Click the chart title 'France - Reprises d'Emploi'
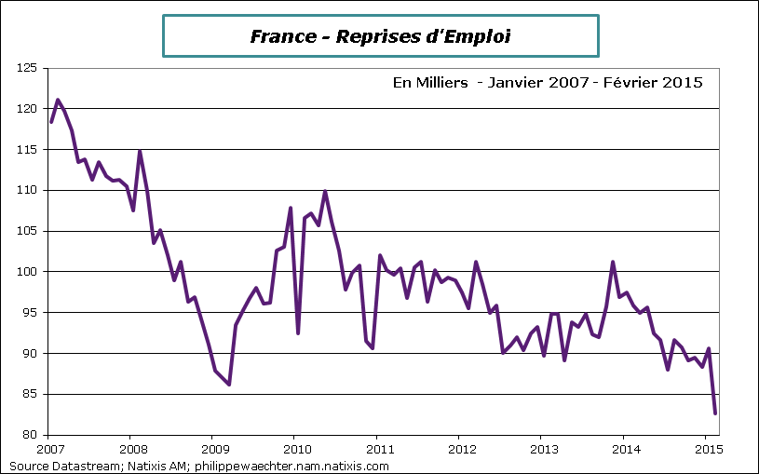380,36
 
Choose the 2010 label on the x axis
294,449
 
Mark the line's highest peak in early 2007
58,100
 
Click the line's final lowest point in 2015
714,413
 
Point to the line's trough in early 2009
228,384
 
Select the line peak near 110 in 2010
325,191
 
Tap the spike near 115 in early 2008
140,151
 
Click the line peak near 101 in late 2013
613,263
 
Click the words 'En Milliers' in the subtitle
429,83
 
